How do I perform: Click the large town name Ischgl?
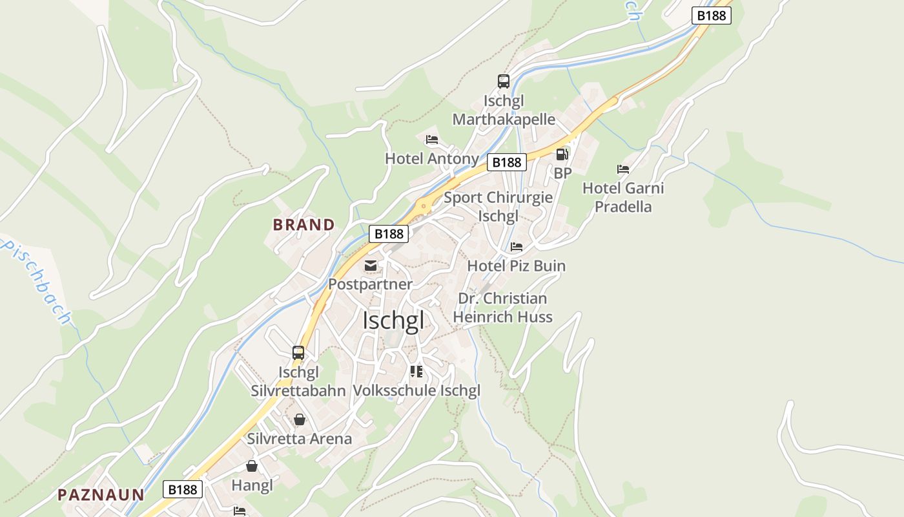click(x=393, y=321)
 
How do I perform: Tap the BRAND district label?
click(x=303, y=225)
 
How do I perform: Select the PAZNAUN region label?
click(x=101, y=495)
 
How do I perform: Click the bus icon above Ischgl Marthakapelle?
click(x=504, y=81)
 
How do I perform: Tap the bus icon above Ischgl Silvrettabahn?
click(x=298, y=353)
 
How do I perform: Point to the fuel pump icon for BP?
click(x=562, y=154)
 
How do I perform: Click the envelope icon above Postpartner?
click(x=371, y=266)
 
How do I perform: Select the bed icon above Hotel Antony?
click(x=432, y=140)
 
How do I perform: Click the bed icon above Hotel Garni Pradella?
click(x=623, y=169)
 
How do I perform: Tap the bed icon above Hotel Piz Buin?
click(x=517, y=247)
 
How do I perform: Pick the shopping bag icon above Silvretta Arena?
click(x=300, y=420)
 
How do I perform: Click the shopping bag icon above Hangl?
click(x=252, y=466)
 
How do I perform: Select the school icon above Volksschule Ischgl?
click(x=416, y=372)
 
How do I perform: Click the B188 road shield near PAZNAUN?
click(x=183, y=489)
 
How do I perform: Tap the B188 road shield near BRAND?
click(x=389, y=234)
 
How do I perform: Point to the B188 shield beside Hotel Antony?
click(x=507, y=162)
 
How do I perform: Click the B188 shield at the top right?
click(x=711, y=16)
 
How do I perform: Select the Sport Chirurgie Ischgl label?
click(x=498, y=206)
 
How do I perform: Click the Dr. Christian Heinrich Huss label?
click(x=502, y=308)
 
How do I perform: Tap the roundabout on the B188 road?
click(x=424, y=207)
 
